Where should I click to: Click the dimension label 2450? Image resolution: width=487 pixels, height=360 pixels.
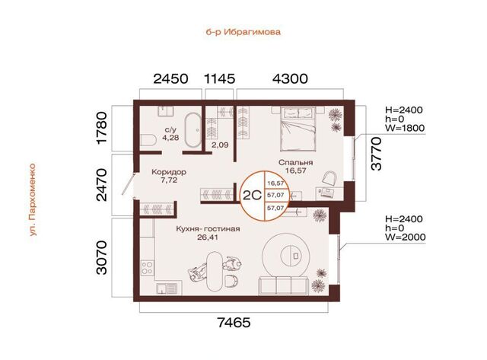170,78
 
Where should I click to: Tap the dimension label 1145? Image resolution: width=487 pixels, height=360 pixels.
219,78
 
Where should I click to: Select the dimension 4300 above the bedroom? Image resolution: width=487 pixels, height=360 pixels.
290,78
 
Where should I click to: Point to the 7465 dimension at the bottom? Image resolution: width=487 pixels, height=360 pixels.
234,323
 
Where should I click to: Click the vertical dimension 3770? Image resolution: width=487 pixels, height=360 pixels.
377,154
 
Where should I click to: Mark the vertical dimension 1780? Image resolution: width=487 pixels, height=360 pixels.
102,128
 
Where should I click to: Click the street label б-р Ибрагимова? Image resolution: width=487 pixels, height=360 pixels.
243,32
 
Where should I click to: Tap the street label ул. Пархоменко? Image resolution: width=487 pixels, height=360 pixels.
33,199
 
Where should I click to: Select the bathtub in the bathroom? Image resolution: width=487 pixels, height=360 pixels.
193,129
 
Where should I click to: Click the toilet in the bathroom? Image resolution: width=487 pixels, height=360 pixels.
148,140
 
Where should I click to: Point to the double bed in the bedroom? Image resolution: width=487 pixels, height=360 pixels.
298,129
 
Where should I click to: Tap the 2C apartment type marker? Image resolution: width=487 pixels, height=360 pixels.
252,196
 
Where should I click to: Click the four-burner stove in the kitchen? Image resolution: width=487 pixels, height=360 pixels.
147,268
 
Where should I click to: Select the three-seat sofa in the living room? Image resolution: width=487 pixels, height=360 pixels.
283,285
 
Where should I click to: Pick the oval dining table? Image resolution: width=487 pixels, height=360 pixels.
215,270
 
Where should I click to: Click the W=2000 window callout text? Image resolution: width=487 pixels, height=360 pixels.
406,237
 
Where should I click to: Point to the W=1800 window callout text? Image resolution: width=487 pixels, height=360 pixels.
405,128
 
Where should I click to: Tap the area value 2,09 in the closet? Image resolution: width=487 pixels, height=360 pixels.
220,145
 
